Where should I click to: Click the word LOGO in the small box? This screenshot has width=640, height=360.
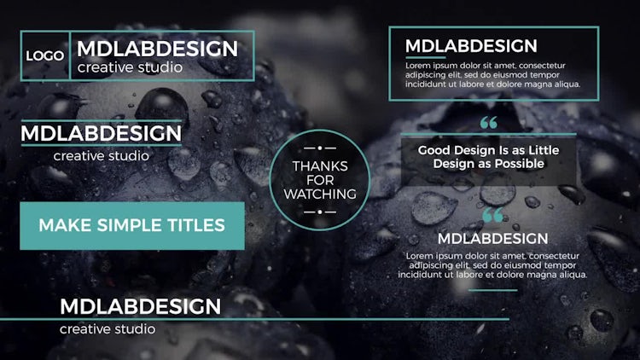pos(45,55)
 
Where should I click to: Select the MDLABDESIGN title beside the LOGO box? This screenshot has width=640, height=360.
pos(157,49)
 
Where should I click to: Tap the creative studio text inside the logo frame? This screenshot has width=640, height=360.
pos(130,67)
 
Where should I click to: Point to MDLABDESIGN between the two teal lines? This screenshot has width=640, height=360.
pos(102,133)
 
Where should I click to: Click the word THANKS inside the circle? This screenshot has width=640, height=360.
pos(320,166)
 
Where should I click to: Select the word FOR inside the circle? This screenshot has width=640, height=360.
pos(320,180)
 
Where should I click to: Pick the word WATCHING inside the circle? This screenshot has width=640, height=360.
pos(320,194)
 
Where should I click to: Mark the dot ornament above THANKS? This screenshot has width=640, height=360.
pos(320,148)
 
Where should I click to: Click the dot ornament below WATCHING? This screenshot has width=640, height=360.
pos(320,212)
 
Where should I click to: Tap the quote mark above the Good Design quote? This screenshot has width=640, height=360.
pos(489,123)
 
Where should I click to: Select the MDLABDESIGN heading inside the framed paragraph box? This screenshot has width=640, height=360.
pos(471,46)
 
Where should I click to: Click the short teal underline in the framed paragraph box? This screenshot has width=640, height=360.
pos(425,57)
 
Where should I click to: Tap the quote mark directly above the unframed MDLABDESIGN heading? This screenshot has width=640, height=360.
pos(492,215)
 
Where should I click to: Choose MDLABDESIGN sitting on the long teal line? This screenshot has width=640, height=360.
pos(141,306)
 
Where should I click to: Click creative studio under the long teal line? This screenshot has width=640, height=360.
pos(108,329)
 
